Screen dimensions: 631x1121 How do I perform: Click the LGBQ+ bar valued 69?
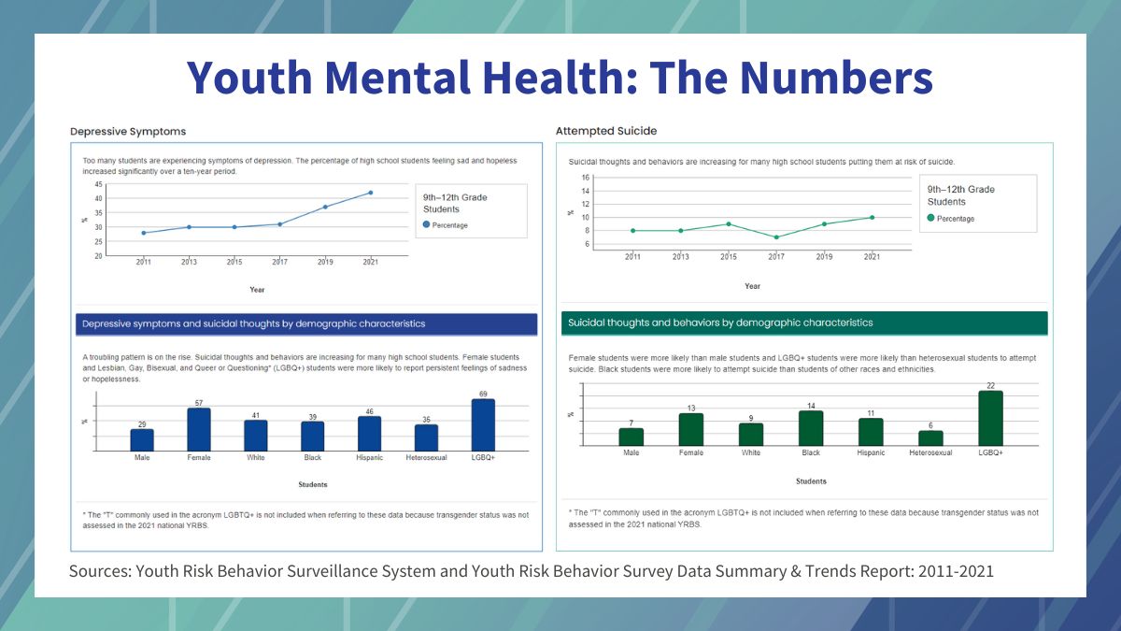[x=483, y=425]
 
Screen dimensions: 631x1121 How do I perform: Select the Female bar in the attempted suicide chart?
[x=691, y=429]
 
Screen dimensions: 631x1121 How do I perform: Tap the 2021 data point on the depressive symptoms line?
[x=370, y=193]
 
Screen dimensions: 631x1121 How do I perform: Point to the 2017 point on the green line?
[x=776, y=237]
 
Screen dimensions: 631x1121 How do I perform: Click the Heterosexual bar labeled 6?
[x=930, y=437]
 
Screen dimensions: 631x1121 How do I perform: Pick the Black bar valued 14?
[x=811, y=427]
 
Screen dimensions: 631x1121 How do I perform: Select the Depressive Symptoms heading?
[x=127, y=132]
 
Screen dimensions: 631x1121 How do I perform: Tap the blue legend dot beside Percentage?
[x=427, y=225]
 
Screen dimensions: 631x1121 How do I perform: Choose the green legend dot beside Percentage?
[x=931, y=219]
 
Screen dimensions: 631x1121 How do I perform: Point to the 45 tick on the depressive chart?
[x=98, y=185]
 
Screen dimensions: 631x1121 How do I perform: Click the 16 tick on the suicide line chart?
[x=585, y=178]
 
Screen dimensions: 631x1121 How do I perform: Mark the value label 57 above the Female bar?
[x=199, y=403]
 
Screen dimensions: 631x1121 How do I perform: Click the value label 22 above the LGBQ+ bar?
[x=990, y=385]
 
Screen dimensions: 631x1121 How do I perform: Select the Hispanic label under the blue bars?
[x=369, y=458]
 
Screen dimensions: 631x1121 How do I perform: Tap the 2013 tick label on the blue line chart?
[x=189, y=263]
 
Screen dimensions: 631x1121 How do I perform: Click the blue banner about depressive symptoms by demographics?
[x=305, y=324]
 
